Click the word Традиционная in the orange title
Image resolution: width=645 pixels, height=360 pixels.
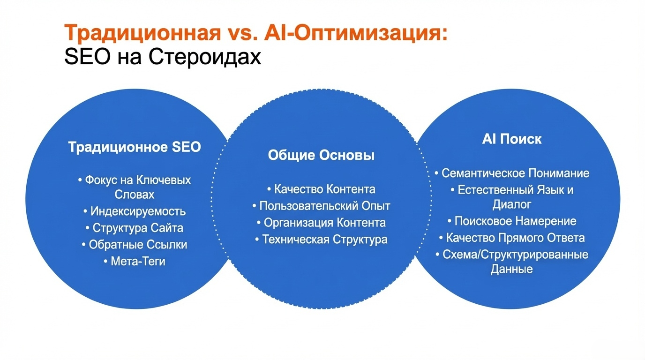click(x=142, y=32)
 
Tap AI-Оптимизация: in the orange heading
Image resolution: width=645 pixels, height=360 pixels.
click(x=356, y=32)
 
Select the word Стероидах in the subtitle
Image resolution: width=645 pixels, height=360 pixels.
click(x=205, y=57)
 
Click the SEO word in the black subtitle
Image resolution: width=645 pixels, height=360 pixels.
click(x=87, y=56)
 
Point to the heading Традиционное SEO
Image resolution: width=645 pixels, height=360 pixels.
click(x=135, y=147)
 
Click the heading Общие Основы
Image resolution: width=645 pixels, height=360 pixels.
click(x=321, y=155)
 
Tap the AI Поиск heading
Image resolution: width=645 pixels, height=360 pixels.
click(x=512, y=139)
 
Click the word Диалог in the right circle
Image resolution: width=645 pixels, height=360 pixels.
click(x=512, y=204)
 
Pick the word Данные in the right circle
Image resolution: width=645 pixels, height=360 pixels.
click(x=511, y=269)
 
